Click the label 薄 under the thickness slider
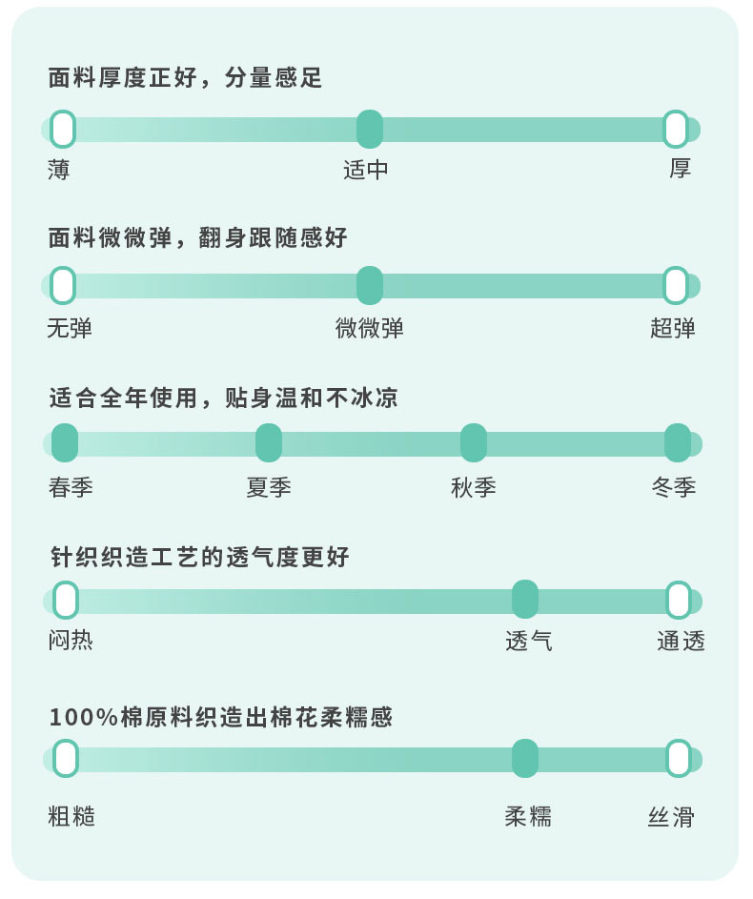pyautogui.click(x=59, y=170)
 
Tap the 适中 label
pyautogui.click(x=366, y=170)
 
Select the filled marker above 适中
pyautogui.click(x=370, y=129)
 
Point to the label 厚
pyautogui.click(x=680, y=169)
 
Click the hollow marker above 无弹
pyautogui.click(x=63, y=285)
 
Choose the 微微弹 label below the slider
pyautogui.click(x=370, y=329)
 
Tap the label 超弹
pyautogui.click(x=673, y=329)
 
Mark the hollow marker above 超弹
pyautogui.click(x=676, y=285)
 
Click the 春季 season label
pyautogui.click(x=71, y=487)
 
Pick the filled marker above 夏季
pyautogui.click(x=269, y=443)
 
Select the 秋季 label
pyautogui.click(x=474, y=487)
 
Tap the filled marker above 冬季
pyautogui.click(x=678, y=443)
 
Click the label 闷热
pyautogui.click(x=71, y=641)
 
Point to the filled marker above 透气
pyautogui.click(x=525, y=600)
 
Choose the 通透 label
pyautogui.click(x=681, y=642)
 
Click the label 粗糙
pyautogui.click(x=71, y=817)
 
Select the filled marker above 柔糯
pyautogui.click(x=525, y=759)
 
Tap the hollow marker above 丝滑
pyautogui.click(x=679, y=759)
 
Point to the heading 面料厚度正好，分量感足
pyautogui.click(x=185, y=78)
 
